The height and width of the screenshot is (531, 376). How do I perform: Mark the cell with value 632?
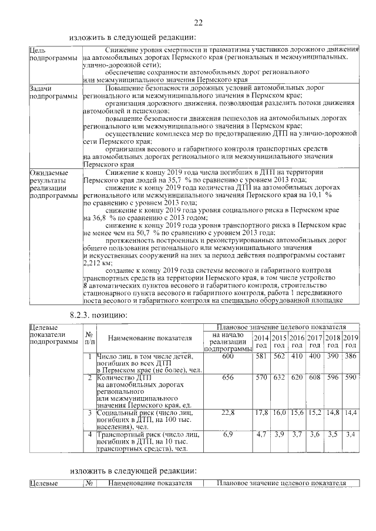coord(279,378)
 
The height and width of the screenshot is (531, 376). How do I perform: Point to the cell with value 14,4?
coord(351,414)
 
